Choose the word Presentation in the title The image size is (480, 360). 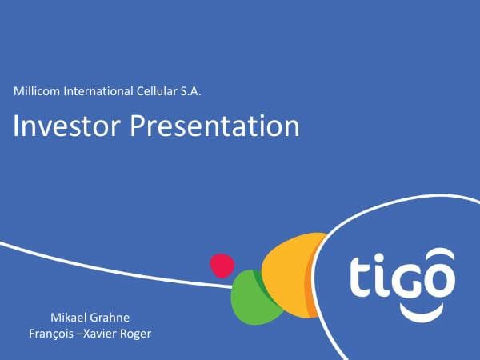click(214, 126)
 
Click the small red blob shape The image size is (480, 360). click(222, 265)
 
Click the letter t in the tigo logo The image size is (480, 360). click(361, 276)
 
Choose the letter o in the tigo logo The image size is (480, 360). click(439, 280)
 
